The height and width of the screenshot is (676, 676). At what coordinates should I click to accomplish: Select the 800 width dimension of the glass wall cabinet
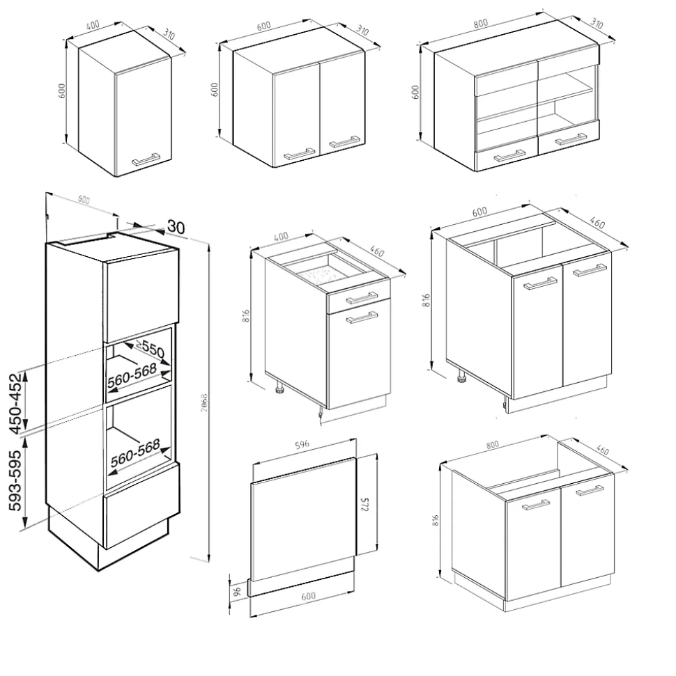[480, 22]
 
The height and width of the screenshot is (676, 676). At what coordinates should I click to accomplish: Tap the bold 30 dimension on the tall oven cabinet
[176, 226]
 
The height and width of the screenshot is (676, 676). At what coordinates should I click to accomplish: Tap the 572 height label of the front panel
[364, 506]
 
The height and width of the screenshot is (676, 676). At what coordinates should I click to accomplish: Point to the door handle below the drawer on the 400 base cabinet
[362, 318]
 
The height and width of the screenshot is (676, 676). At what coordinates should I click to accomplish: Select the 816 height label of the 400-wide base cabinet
[255, 317]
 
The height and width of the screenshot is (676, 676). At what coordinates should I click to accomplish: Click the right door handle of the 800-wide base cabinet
[590, 490]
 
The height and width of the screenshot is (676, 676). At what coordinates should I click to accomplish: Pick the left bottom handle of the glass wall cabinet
[509, 157]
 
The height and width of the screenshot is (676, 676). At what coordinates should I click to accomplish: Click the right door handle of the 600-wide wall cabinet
[344, 143]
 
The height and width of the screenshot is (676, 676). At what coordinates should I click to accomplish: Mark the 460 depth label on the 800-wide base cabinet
[604, 451]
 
